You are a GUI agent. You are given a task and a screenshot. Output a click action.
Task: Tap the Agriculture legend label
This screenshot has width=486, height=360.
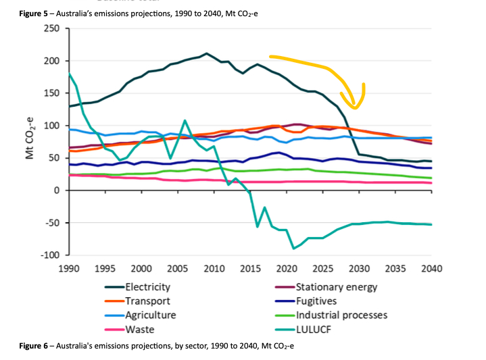coord(150,315)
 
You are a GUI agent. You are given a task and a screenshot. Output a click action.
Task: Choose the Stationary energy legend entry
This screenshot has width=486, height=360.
coord(336,287)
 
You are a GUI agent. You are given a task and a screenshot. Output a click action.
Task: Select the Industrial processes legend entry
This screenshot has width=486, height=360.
coord(341,315)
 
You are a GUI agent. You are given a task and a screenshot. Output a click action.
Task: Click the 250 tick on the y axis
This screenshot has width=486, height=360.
coord(51,28)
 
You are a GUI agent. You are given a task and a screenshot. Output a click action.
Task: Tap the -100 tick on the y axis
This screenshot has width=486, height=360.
coord(49,255)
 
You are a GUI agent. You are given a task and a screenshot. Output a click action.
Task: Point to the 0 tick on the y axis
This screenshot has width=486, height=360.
coord(57,190)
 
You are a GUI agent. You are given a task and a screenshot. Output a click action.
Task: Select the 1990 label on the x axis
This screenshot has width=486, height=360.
coord(69,269)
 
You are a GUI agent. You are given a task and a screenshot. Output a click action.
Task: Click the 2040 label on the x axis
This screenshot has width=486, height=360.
coord(431,269)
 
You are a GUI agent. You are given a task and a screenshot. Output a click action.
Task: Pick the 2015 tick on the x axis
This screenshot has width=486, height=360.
coord(250,269)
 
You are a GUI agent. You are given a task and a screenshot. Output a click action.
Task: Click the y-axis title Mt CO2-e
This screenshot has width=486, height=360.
coord(30,141)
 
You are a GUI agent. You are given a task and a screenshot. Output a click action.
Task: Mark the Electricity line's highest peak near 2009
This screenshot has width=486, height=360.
coord(207,53)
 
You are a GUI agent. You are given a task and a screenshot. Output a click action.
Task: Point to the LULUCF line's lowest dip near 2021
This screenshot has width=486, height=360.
coord(294,249)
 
